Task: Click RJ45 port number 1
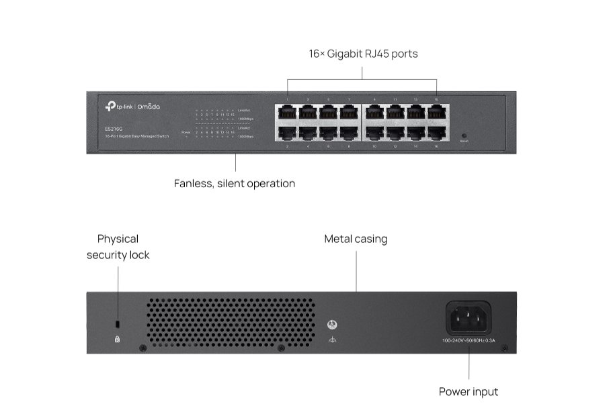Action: point(287,111)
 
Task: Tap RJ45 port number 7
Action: point(349,111)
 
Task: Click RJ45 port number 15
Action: point(436,111)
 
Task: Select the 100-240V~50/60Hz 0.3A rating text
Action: point(469,340)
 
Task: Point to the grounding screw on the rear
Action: point(331,325)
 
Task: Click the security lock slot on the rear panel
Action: point(118,325)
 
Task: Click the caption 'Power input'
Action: point(469,391)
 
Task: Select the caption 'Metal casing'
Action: point(356,239)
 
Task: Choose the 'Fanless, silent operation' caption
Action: point(235,183)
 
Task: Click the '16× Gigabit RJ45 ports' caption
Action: point(363,54)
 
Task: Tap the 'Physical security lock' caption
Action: point(118,247)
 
